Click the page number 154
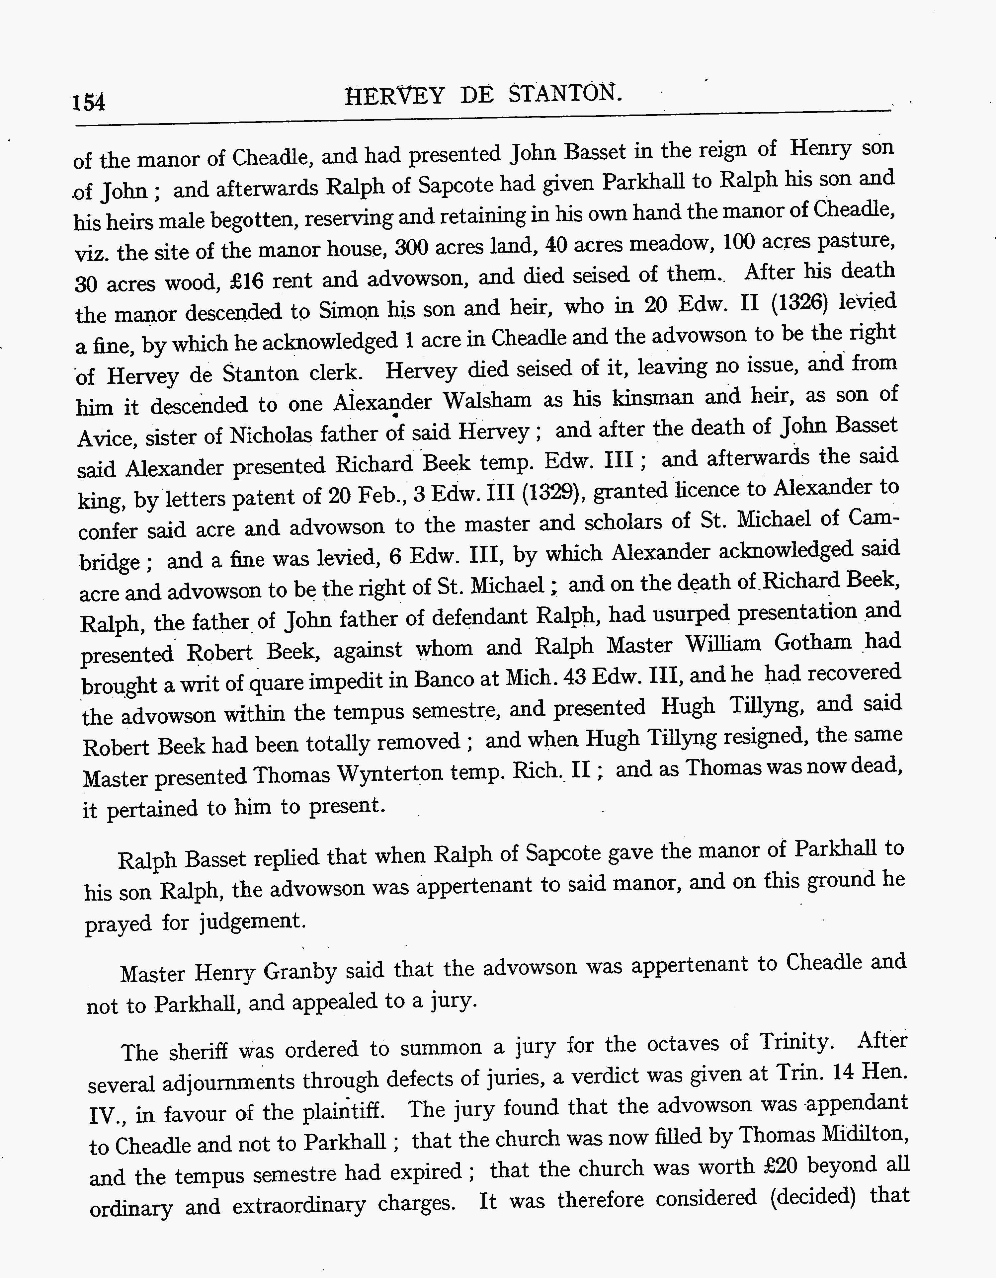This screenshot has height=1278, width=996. click(89, 102)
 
